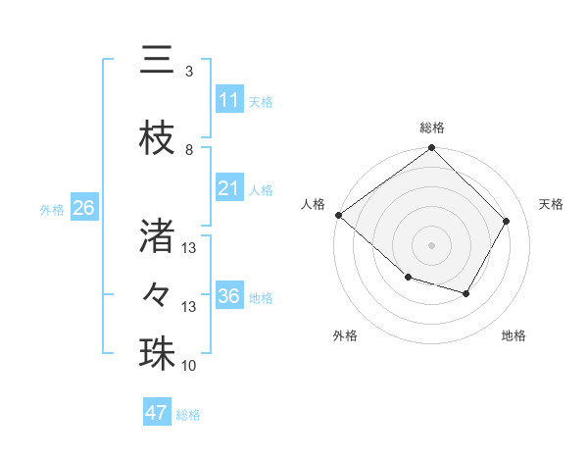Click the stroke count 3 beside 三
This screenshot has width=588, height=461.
(189, 72)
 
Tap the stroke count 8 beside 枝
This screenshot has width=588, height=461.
(189, 150)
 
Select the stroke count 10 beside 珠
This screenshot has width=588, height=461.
(189, 366)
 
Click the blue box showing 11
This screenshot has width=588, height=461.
(228, 100)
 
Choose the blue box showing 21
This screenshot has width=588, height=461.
(228, 188)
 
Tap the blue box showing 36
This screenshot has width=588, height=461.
(228, 296)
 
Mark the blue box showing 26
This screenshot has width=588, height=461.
(83, 208)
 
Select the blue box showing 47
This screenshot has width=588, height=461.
(157, 413)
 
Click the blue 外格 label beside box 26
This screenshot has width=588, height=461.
(52, 209)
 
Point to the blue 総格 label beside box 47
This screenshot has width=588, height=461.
(189, 415)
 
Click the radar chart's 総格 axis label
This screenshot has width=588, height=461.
(431, 128)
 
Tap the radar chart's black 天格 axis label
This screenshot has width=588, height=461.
(551, 204)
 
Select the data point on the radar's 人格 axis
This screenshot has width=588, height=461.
(338, 215)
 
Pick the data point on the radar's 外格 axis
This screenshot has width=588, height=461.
(408, 278)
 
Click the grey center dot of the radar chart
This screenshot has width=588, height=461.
(431, 244)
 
